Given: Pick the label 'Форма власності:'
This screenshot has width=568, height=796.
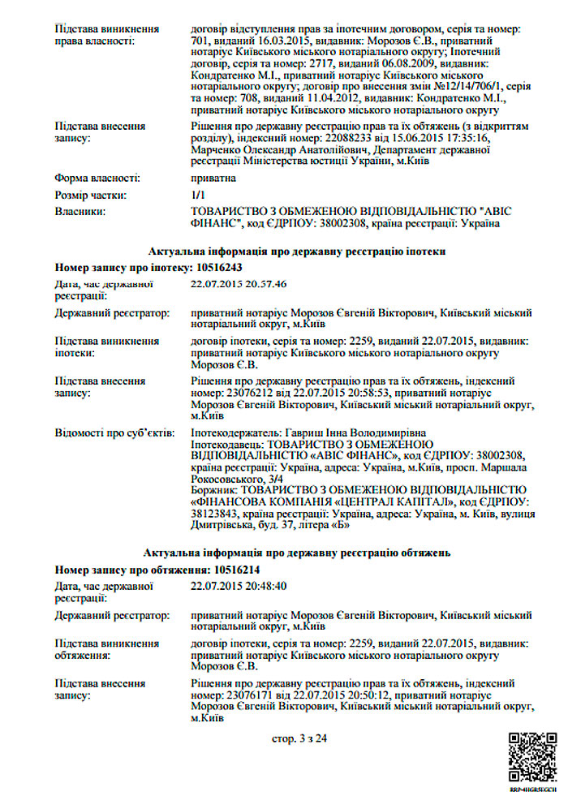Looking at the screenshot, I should tap(97, 177).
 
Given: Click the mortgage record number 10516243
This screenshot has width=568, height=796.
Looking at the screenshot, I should tap(217, 267).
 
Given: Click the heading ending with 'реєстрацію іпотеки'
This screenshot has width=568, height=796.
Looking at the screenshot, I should tap(297, 252).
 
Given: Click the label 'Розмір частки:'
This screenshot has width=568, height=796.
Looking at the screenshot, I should tap(91, 195).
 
